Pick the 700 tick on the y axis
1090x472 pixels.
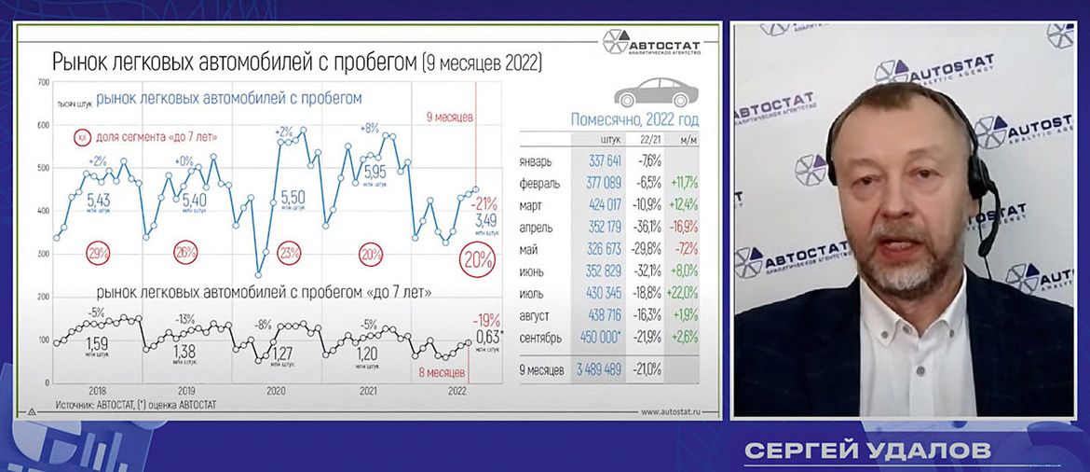[x=42, y=83]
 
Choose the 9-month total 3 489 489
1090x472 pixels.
[x=595, y=370]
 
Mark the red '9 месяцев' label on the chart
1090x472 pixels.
[x=450, y=117]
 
